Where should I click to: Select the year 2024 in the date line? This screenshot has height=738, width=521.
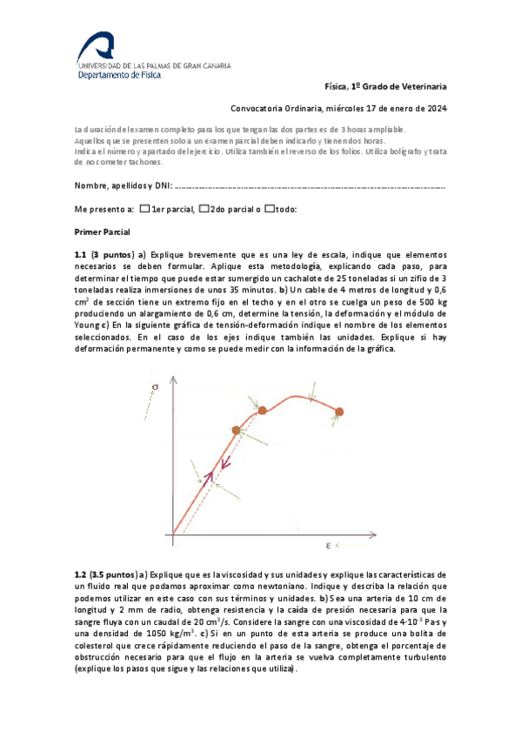pos(436,109)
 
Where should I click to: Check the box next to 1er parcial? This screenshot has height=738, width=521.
pos(144,209)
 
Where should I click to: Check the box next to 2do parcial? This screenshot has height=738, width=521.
pos(204,209)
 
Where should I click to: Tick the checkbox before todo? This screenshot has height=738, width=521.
pos(270,209)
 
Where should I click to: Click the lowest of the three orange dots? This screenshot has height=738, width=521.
pos(236,430)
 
